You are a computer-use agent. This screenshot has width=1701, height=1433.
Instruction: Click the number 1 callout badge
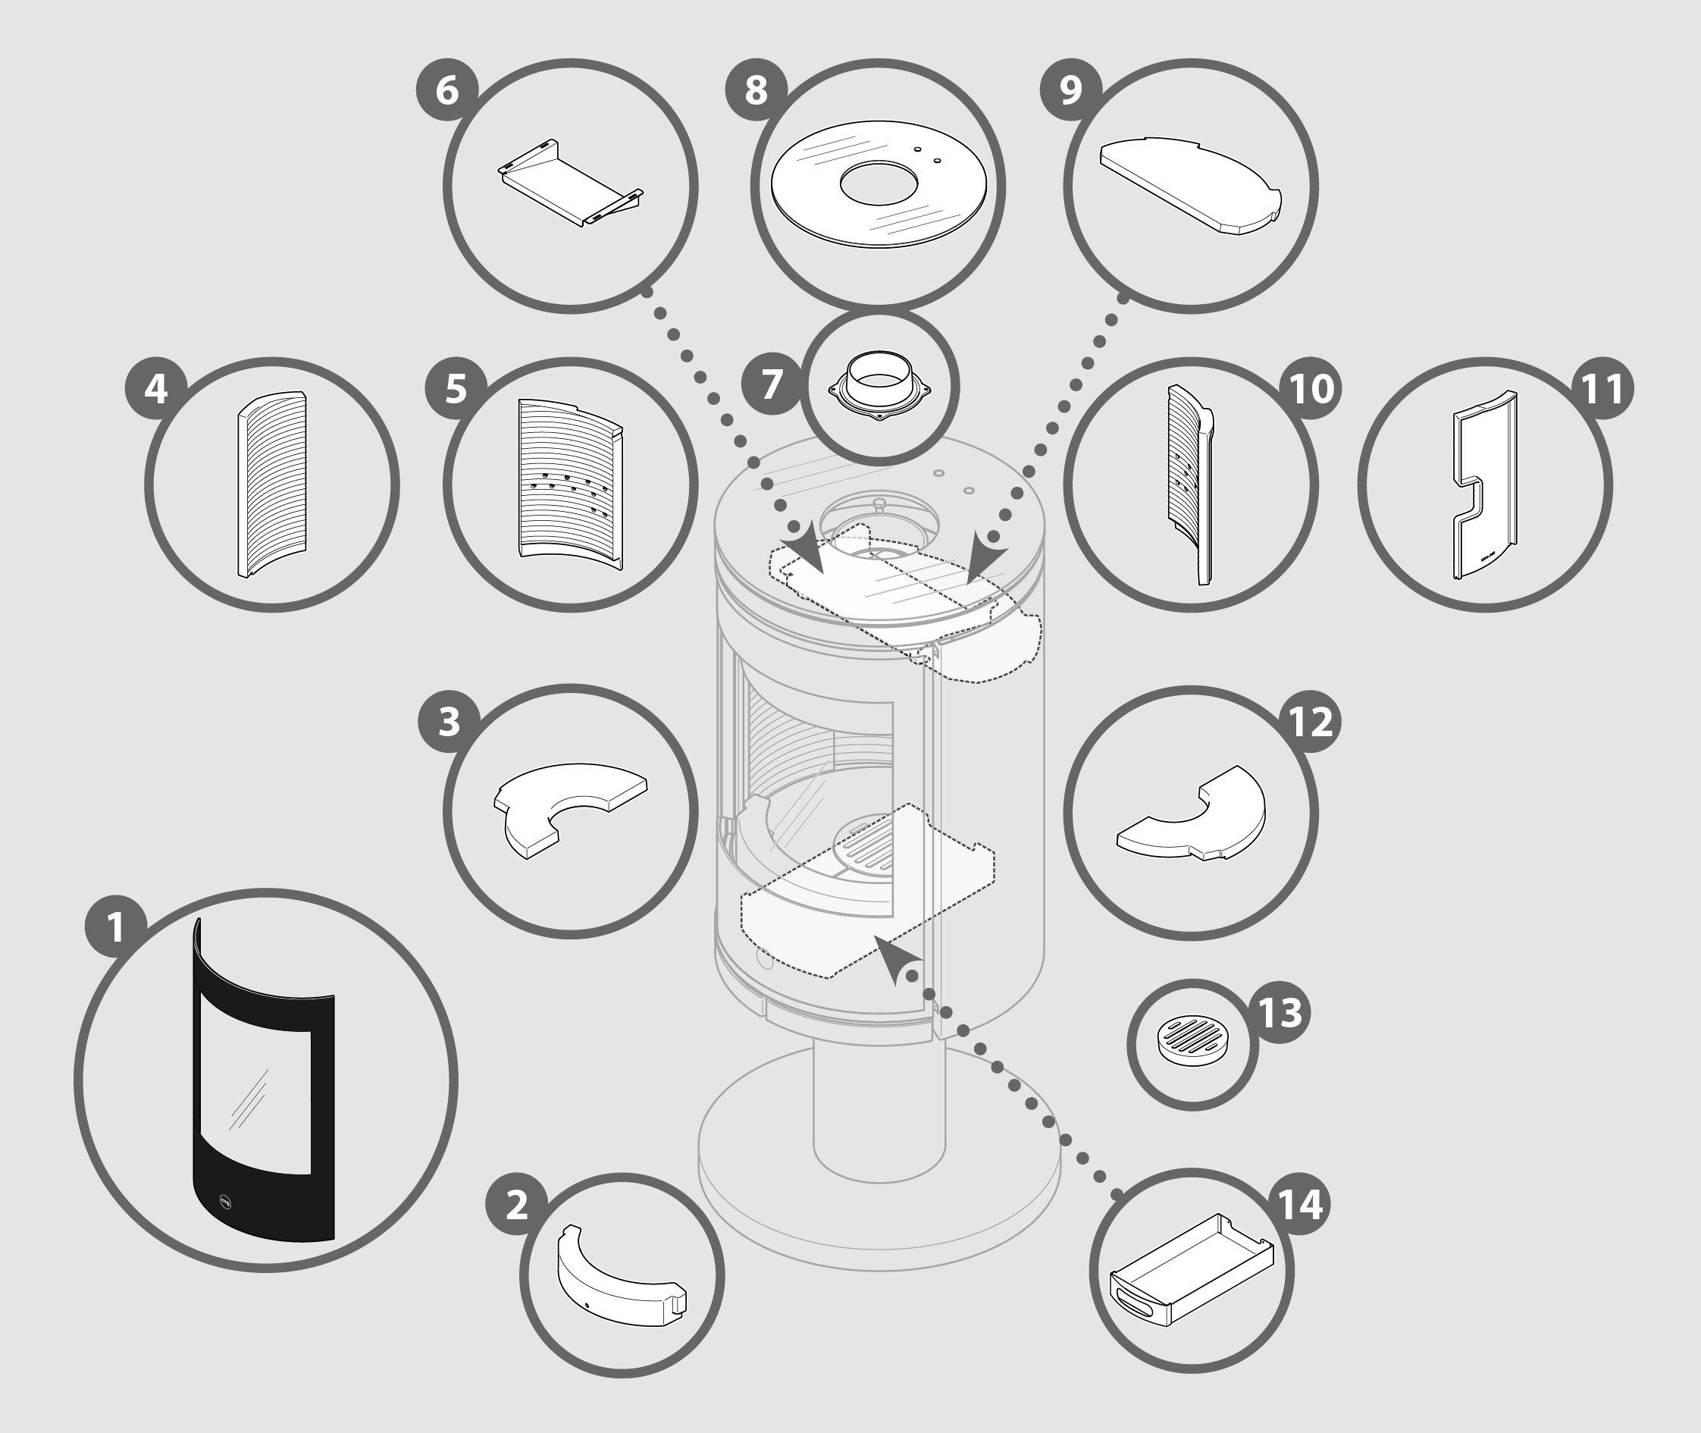pos(116,925)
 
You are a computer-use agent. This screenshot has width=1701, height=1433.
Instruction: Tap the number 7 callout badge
pos(772,384)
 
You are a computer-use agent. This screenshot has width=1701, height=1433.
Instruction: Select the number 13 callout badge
pos(1280,1011)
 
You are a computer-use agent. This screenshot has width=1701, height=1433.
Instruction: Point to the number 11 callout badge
pos(1602,388)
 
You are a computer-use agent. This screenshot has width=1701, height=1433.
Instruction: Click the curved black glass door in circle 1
pos(264,1080)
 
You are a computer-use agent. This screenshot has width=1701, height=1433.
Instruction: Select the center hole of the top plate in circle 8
pos(879,184)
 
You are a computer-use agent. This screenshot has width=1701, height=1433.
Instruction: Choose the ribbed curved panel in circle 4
pos(272,484)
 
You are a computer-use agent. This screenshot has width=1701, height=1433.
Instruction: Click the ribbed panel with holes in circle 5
pos(570,484)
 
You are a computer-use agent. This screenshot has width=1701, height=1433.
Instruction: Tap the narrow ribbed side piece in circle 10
pos(1190,484)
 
